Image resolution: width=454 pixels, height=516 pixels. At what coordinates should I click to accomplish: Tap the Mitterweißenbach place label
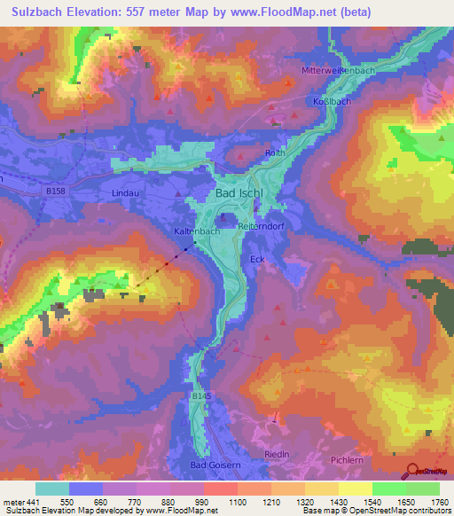[x=334, y=70]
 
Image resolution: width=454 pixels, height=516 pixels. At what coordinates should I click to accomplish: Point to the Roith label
[x=274, y=153]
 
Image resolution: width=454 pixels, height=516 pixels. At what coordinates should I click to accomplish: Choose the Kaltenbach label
[x=196, y=231]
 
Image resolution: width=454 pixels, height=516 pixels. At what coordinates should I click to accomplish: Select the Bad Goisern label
[x=214, y=465]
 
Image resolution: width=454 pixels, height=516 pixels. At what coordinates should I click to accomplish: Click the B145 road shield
[x=199, y=396]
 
